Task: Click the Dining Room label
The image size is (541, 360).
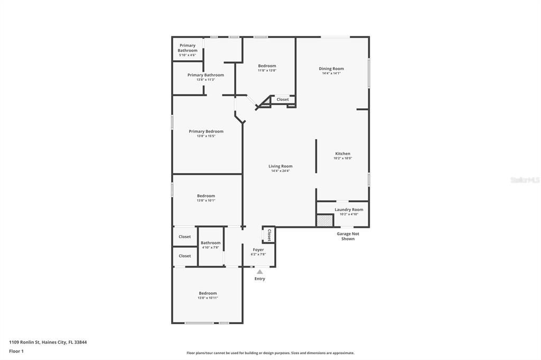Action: [331, 69]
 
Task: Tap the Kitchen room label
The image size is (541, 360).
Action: [342, 154]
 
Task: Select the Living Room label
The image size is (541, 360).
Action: [281, 166]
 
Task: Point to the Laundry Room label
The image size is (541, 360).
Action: [349, 210]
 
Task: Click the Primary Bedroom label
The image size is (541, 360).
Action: [206, 131]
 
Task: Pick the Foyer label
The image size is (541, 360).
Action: [258, 250]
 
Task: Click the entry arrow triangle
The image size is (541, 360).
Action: [259, 272]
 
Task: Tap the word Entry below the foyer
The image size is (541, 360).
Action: [259, 279]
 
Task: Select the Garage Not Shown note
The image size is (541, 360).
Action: [348, 236]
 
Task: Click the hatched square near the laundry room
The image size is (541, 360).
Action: [323, 221]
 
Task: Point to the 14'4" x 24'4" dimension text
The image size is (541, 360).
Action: [281, 171]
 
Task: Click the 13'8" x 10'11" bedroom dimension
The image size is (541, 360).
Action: [208, 298]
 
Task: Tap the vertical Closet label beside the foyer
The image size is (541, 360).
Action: [269, 235]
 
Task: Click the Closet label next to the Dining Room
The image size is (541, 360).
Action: [283, 99]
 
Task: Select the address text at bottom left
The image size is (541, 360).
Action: [48, 342]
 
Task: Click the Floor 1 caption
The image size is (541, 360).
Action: [16, 351]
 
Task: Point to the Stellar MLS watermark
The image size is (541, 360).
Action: [525, 180]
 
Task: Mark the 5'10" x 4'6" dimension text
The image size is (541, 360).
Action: [187, 55]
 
